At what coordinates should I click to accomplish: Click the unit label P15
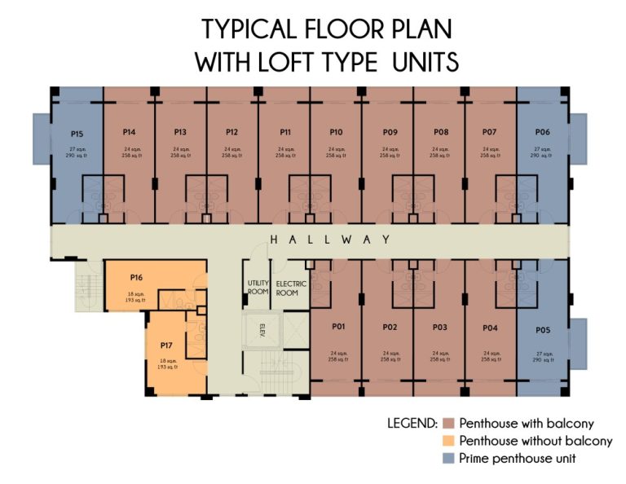(x=77, y=131)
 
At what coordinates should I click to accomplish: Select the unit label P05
(x=543, y=330)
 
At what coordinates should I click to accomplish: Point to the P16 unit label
(x=135, y=278)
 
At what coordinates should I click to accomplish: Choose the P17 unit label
(x=166, y=345)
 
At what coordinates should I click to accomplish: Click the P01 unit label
(x=339, y=327)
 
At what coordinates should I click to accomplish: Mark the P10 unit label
(x=336, y=131)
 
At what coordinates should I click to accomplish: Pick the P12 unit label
(x=231, y=131)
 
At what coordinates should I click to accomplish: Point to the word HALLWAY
(x=330, y=240)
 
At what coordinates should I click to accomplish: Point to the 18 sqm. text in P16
(x=135, y=293)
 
